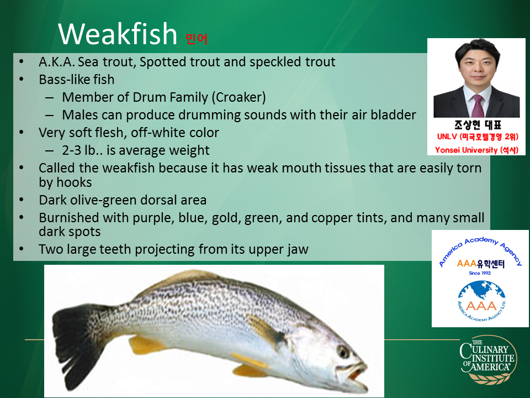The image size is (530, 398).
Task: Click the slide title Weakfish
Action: point(118,34)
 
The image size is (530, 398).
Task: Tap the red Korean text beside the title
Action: point(197,39)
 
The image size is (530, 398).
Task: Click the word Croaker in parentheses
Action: point(239,97)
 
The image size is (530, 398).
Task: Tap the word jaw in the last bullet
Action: point(298,249)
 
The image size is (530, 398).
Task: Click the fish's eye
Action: point(343,352)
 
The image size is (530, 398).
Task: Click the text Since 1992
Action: point(480,273)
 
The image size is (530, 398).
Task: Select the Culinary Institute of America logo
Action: point(488,359)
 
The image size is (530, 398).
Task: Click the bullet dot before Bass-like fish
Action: point(22,80)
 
